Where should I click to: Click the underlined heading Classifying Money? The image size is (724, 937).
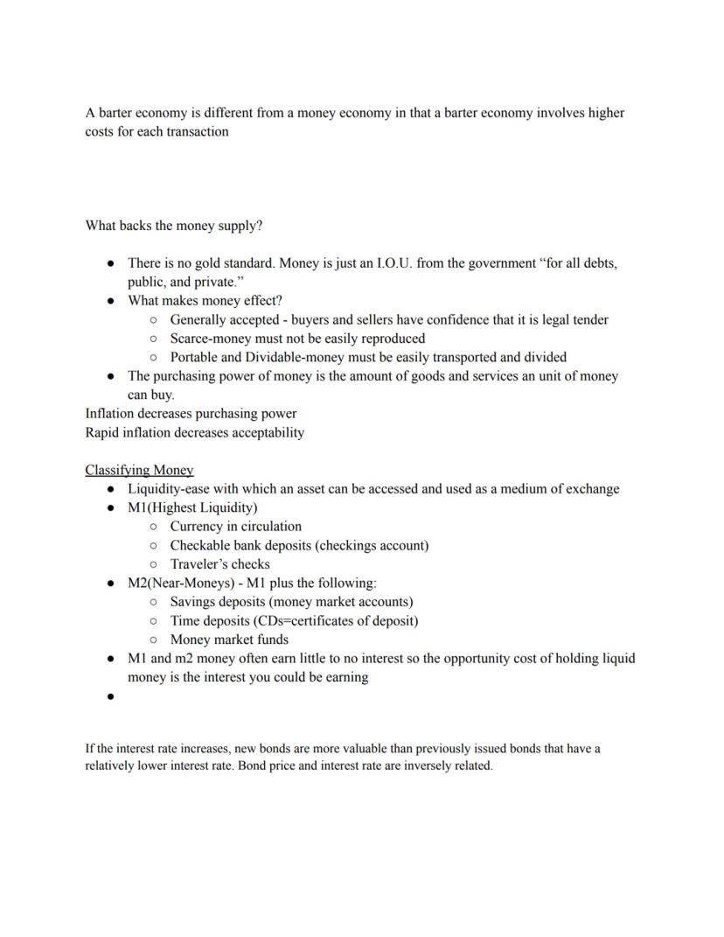[x=139, y=470]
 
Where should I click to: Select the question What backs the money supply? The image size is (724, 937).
[x=173, y=226]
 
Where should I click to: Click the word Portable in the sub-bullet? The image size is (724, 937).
[x=194, y=357]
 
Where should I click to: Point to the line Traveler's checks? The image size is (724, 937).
[x=219, y=564]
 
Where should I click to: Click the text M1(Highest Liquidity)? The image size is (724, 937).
[x=192, y=507]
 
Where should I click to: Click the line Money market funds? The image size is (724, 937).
[x=229, y=640]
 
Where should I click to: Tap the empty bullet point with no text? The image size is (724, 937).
[x=110, y=696]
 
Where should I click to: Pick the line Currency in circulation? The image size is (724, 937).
[x=235, y=527]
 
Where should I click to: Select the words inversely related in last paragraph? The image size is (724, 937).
[x=447, y=766]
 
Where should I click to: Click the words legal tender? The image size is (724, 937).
[x=575, y=319]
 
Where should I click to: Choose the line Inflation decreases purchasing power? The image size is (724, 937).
[x=191, y=414]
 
